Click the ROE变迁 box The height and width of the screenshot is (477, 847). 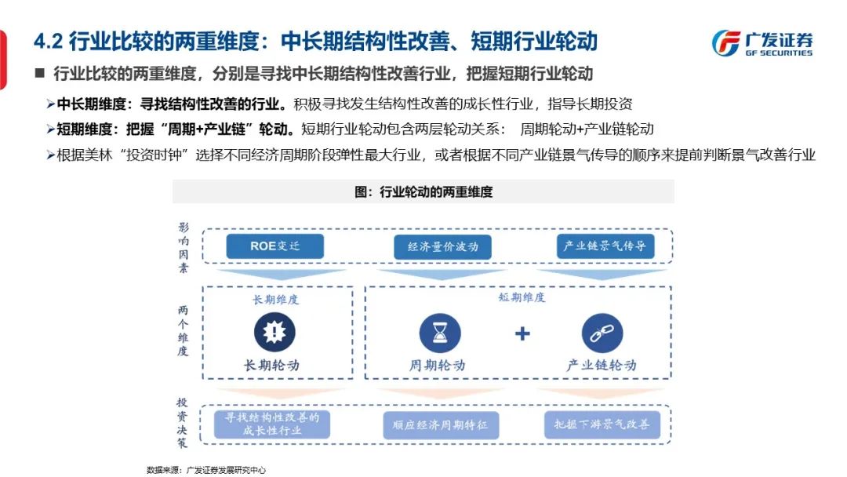tap(274, 246)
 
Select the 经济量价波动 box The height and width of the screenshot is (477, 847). tap(442, 247)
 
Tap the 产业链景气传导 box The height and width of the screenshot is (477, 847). tap(605, 246)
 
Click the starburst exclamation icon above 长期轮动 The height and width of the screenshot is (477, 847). tap(274, 332)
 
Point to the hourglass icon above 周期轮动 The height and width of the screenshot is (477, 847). tap(440, 333)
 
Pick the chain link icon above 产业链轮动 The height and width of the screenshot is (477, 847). tap(602, 333)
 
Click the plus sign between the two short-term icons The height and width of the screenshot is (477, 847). tap(522, 334)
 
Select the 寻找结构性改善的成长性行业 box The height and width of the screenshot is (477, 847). tap(272, 424)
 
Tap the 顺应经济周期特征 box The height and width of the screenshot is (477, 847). tap(440, 425)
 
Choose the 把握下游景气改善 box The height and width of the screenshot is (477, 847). tap(602, 424)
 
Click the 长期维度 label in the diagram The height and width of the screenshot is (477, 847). tap(275, 300)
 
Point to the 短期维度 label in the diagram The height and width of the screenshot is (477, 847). tap(522, 298)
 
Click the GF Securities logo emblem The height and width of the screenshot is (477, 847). tap(725, 43)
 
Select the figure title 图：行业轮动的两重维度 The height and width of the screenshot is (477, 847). tap(423, 191)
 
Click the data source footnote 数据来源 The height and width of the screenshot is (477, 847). tap(206, 470)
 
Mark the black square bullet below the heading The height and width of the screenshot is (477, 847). tap(39, 74)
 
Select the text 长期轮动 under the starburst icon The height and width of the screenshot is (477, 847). tap(272, 365)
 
